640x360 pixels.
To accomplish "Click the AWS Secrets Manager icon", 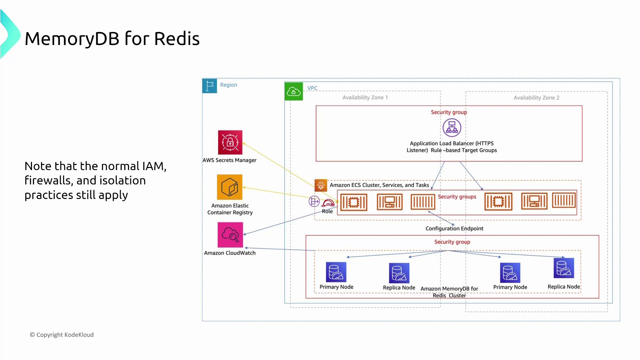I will point(230,142).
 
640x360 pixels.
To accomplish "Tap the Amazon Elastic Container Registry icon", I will point(230,187).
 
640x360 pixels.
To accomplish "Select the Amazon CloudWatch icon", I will point(230,235).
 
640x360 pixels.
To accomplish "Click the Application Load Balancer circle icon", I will point(452,127).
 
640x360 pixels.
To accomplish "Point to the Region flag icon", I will point(210,86).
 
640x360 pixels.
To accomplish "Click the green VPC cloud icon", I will point(294,91).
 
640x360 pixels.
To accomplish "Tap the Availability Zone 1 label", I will point(365,97).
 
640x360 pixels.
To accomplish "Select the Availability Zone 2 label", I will point(536,98).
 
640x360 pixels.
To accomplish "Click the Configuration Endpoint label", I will point(454,228).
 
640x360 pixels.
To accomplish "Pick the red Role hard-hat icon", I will point(328,203).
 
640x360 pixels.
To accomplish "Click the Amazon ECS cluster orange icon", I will point(321,185).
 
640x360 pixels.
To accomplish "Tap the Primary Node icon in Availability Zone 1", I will point(336,272).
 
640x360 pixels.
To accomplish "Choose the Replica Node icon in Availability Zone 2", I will point(564,268).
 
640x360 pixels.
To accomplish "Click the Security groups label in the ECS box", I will point(457,197).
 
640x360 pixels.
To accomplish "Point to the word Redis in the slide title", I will point(177,39).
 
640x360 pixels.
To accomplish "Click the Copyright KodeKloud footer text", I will point(62,335).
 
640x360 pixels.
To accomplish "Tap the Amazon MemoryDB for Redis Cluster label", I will point(449,292).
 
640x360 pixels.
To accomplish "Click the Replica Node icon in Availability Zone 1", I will point(399,273).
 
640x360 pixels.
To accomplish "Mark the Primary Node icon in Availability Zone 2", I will point(510,273).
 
